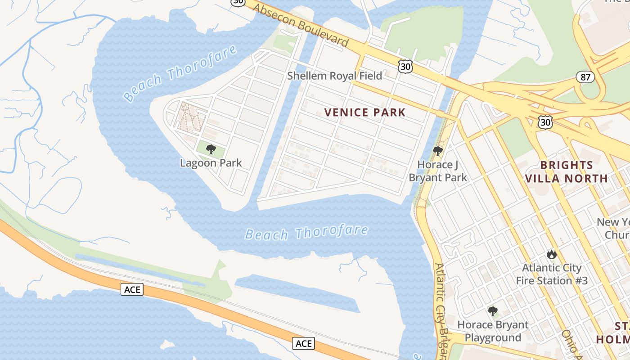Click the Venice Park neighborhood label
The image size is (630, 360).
tap(365, 112)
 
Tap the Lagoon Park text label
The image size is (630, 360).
tap(211, 163)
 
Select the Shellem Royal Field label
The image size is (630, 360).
tap(334, 76)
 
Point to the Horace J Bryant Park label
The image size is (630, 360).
tap(438, 171)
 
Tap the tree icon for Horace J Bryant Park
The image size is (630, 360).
tap(437, 151)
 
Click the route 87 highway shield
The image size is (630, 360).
tap(585, 77)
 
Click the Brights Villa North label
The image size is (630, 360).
tap(567, 171)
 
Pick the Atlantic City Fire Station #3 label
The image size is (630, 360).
tap(552, 274)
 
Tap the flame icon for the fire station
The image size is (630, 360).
tap(552, 255)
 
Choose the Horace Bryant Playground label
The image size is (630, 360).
tap(493, 331)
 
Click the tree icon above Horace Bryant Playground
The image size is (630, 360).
tap(493, 311)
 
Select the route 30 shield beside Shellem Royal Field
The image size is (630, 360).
tap(405, 67)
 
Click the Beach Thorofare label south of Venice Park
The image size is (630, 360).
tap(306, 233)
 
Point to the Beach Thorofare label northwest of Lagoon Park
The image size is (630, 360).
tap(180, 73)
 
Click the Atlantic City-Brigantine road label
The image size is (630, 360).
tap(441, 310)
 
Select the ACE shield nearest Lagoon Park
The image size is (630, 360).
tap(132, 289)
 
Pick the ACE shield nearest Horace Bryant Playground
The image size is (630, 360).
tap(304, 343)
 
